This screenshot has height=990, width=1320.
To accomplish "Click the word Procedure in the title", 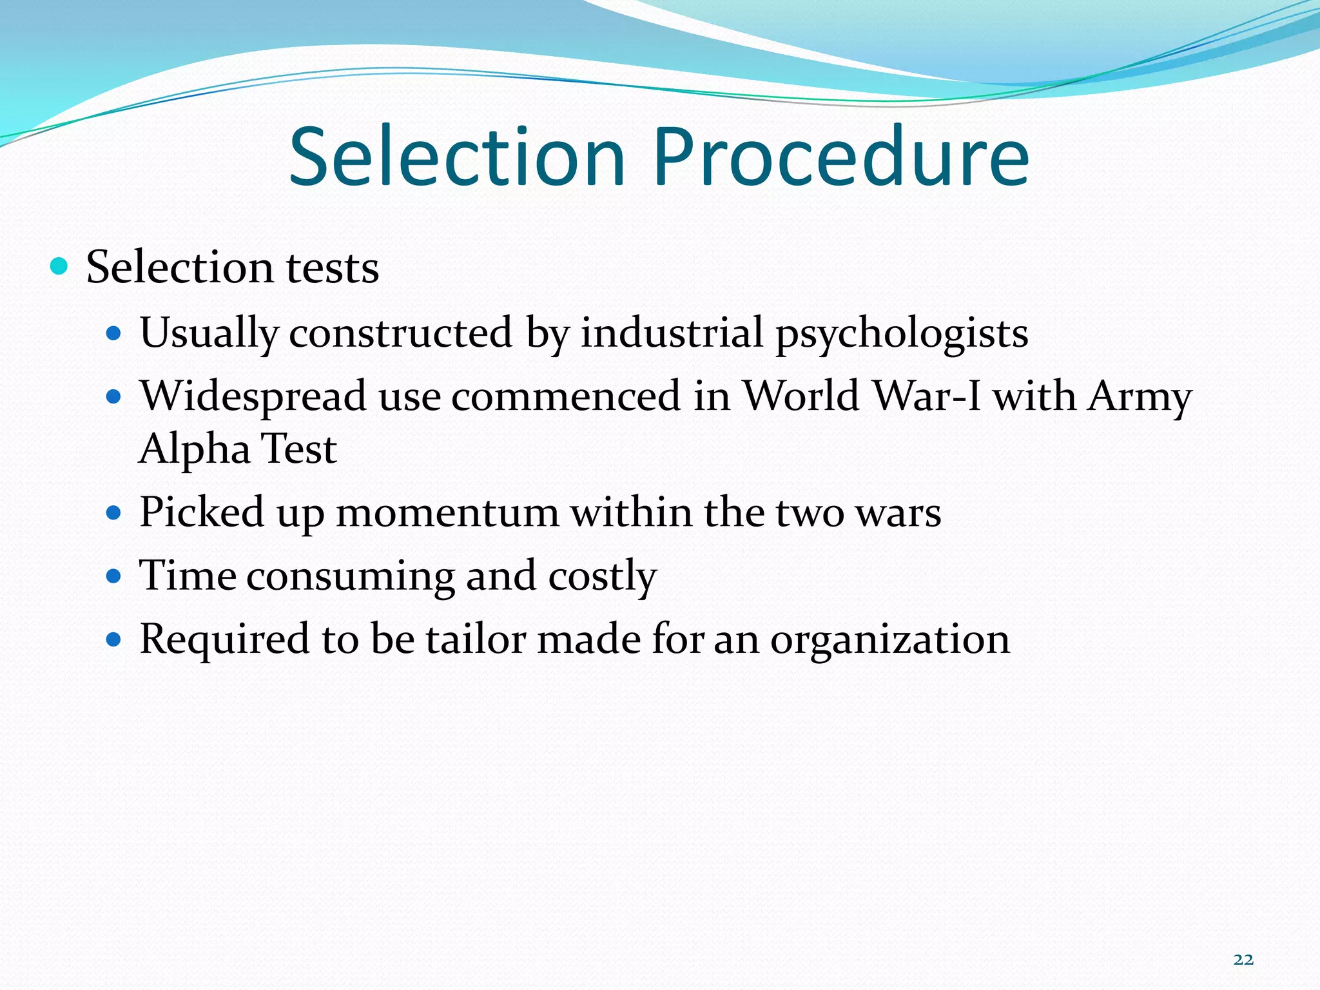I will (x=840, y=157).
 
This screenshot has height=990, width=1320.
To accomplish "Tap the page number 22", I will (x=1243, y=960).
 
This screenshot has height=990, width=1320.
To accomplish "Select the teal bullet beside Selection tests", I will (x=59, y=266).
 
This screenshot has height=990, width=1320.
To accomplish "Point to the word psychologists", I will (x=902, y=334).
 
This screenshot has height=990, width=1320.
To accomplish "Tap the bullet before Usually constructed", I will (x=114, y=334).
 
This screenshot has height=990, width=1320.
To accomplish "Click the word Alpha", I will (x=195, y=450).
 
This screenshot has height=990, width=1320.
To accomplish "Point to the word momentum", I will (x=447, y=513).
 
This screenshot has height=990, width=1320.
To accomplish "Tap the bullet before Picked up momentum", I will (x=114, y=514).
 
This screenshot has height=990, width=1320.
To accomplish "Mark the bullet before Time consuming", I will (x=114, y=576).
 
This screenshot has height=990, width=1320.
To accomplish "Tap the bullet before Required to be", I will (x=114, y=639).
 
